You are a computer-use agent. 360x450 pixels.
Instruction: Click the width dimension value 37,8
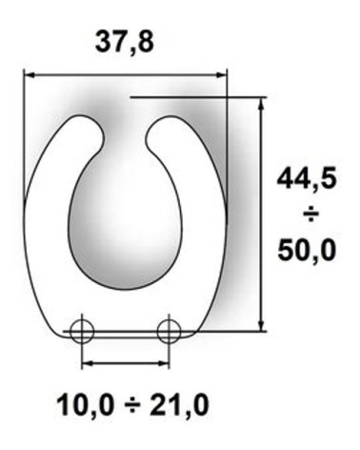coord(125,43)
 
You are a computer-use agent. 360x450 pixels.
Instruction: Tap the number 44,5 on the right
coord(307,179)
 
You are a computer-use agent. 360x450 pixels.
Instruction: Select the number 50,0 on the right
coord(307,251)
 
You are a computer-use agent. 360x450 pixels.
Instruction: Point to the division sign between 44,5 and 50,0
coord(310,215)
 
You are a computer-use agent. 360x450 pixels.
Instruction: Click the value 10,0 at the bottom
coord(85,405)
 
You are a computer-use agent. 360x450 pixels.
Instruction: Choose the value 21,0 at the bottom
coord(179,405)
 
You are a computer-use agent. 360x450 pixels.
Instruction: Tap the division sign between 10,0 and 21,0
coord(131,406)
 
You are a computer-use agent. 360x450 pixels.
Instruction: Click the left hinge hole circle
coord(82,332)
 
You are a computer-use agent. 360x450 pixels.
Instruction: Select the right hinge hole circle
coord(169,332)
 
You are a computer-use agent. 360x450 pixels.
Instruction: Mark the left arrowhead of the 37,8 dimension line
coord(30,75)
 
